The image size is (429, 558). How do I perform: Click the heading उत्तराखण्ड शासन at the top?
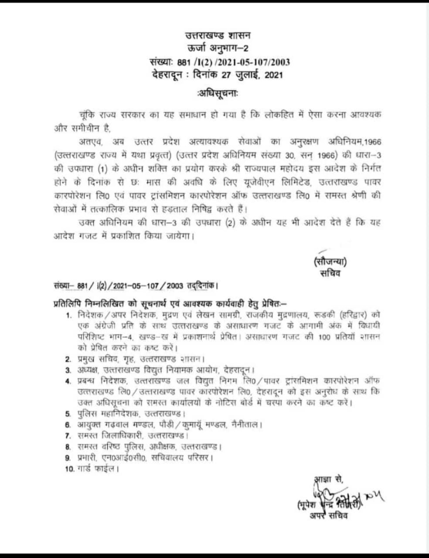point(218,36)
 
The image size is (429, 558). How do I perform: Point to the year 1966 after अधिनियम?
point(372,142)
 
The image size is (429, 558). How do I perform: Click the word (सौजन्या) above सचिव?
point(330,262)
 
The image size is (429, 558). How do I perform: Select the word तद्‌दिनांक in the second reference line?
point(201,286)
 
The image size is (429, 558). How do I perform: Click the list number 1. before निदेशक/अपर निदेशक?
point(68,315)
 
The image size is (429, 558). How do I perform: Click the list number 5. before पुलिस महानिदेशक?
point(68,413)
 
